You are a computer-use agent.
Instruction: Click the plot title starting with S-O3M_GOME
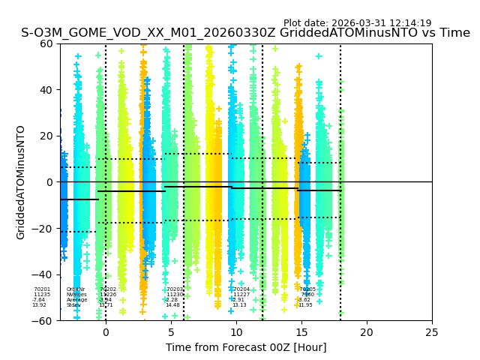[245, 33]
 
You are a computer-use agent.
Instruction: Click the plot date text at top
[357, 23]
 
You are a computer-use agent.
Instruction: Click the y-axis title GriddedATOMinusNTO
[21, 182]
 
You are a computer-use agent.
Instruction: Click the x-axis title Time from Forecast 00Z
[246, 347]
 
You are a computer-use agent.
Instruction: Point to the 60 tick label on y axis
[46, 43]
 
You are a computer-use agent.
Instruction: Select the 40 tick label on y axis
[46, 90]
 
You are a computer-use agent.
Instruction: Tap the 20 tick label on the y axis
[46, 136]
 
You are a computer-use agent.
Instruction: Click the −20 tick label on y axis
[43, 228]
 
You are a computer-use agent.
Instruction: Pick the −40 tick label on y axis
[43, 274]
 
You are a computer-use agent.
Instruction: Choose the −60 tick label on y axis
[43, 321]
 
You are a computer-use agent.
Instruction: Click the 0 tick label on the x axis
[106, 332]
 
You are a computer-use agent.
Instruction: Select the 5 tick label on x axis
[171, 332]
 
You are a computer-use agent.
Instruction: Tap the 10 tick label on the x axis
[236, 332]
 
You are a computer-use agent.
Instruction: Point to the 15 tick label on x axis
[301, 332]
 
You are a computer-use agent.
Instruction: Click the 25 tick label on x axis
[432, 332]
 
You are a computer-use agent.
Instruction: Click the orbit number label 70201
[42, 289]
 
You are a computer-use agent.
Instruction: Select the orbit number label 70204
[241, 289]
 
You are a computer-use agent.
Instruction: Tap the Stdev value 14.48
[173, 305]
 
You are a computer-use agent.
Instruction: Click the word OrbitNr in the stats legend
[76, 289]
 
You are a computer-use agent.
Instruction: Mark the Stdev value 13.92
[39, 305]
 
